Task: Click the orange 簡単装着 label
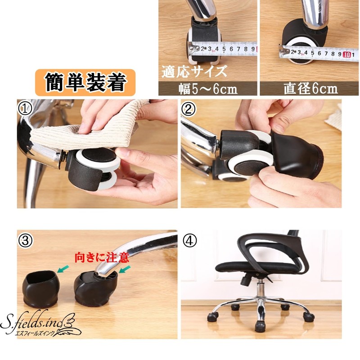point(85,81)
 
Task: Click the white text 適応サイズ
point(194,71)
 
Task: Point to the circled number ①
point(23,108)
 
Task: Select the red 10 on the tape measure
point(346,54)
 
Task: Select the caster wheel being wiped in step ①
point(92,166)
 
